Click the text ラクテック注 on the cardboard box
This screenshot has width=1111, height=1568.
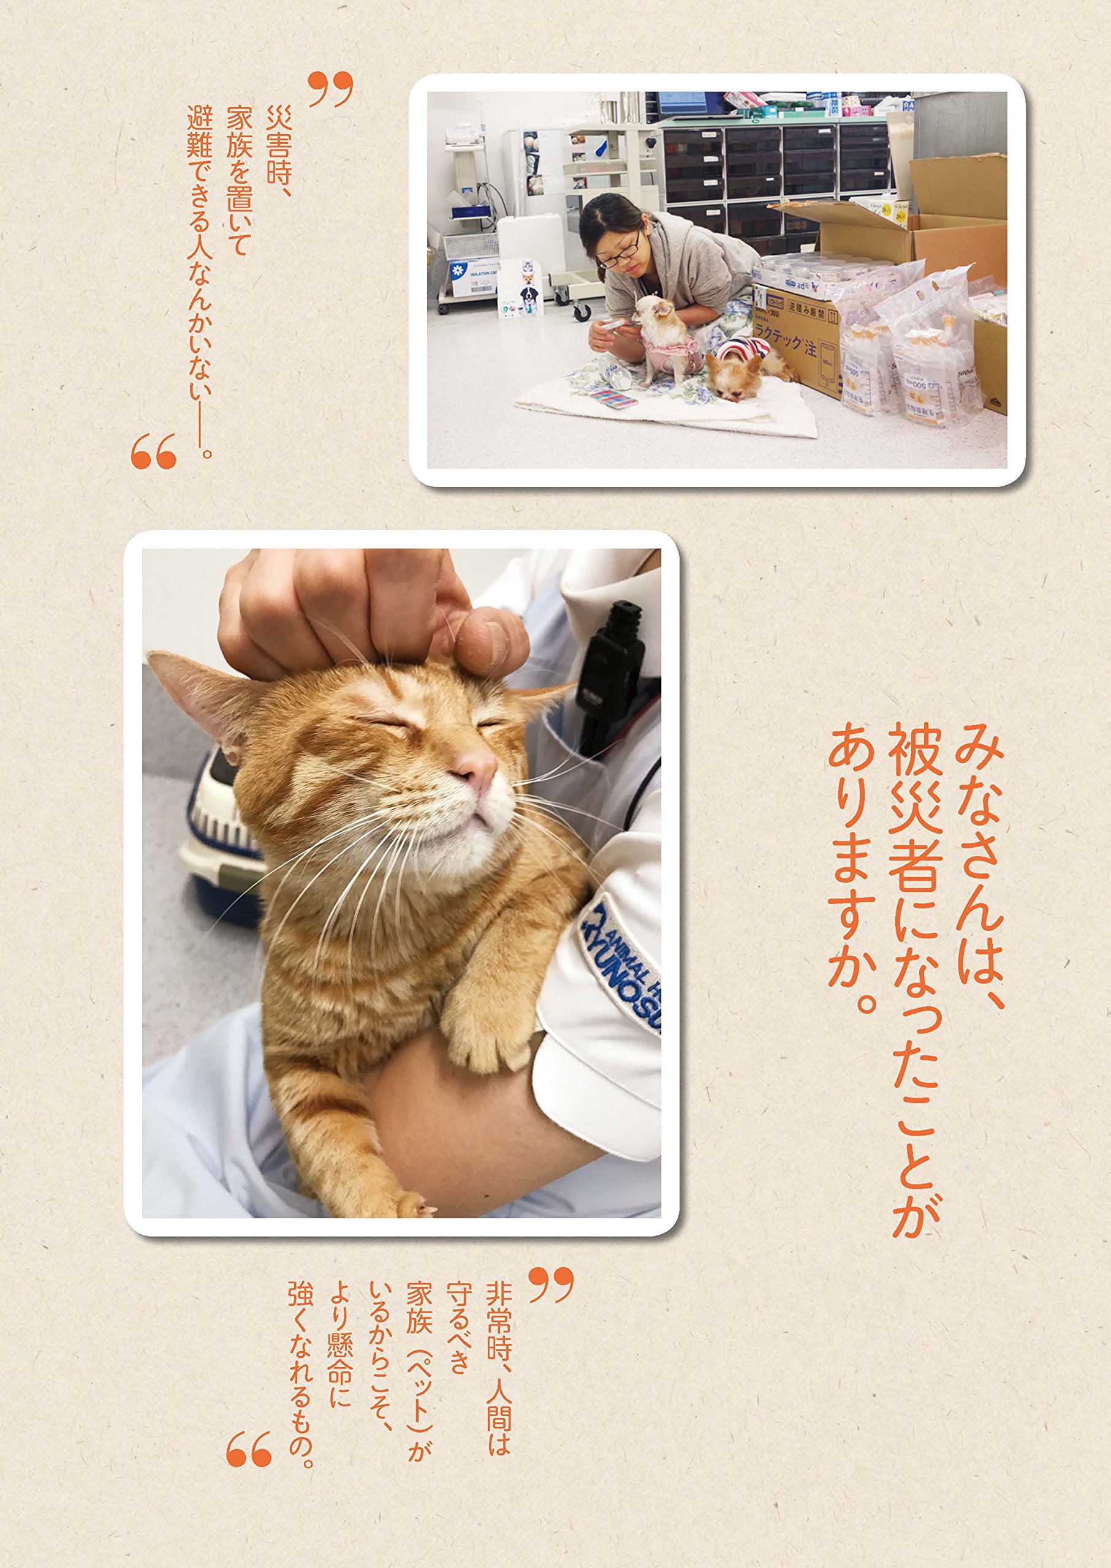(783, 342)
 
